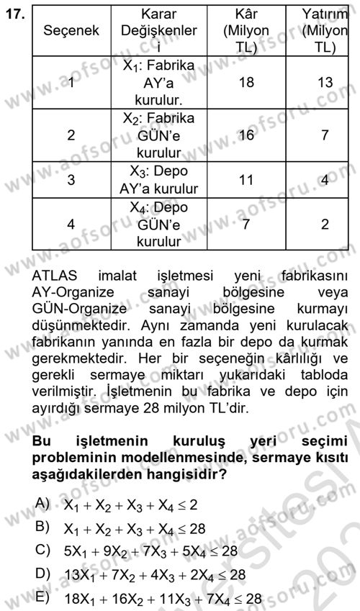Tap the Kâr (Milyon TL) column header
click(x=246, y=32)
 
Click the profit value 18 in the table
click(x=246, y=83)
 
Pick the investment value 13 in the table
click(x=325, y=83)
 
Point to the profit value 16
click(x=246, y=135)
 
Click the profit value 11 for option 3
click(x=246, y=180)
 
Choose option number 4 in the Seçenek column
click(x=70, y=225)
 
